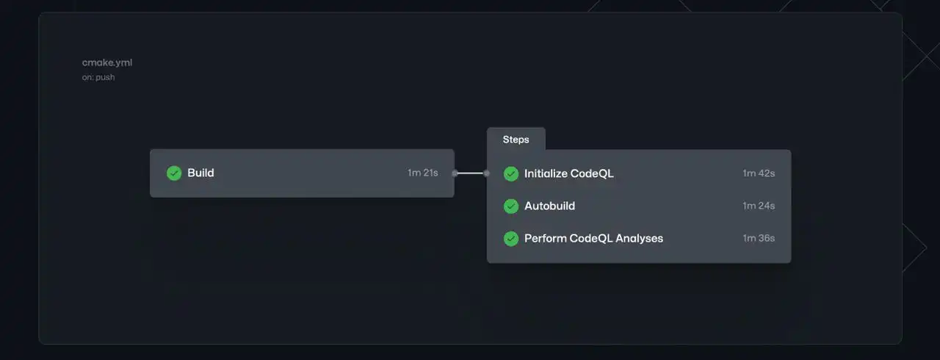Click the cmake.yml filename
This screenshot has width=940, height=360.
[107, 62]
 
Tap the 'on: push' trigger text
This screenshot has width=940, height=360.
[98, 77]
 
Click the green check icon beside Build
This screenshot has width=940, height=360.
[174, 173]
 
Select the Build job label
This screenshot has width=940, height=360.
[200, 173]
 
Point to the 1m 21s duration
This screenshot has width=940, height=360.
[422, 173]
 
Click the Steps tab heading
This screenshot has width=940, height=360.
[516, 140]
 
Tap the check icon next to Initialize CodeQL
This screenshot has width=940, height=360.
[511, 173]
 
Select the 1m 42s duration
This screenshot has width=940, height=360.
[759, 173]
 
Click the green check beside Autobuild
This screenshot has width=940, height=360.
[511, 206]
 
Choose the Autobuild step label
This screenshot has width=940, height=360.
[550, 206]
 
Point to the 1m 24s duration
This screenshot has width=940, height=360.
[759, 206]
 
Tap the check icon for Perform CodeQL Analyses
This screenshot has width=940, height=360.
[511, 239]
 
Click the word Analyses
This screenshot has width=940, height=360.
[639, 238]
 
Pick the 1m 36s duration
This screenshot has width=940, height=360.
[759, 238]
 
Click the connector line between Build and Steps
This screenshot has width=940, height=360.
[471, 173]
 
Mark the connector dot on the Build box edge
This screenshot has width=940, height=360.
[455, 173]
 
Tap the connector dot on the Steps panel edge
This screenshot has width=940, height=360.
[486, 173]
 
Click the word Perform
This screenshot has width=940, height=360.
[546, 238]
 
